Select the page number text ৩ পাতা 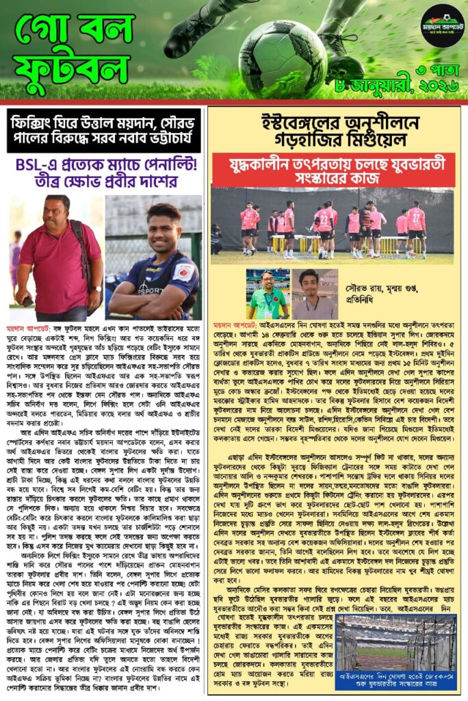(438, 71)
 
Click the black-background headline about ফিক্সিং (103, 131)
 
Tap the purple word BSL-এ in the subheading (39, 166)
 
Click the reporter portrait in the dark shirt (315, 294)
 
